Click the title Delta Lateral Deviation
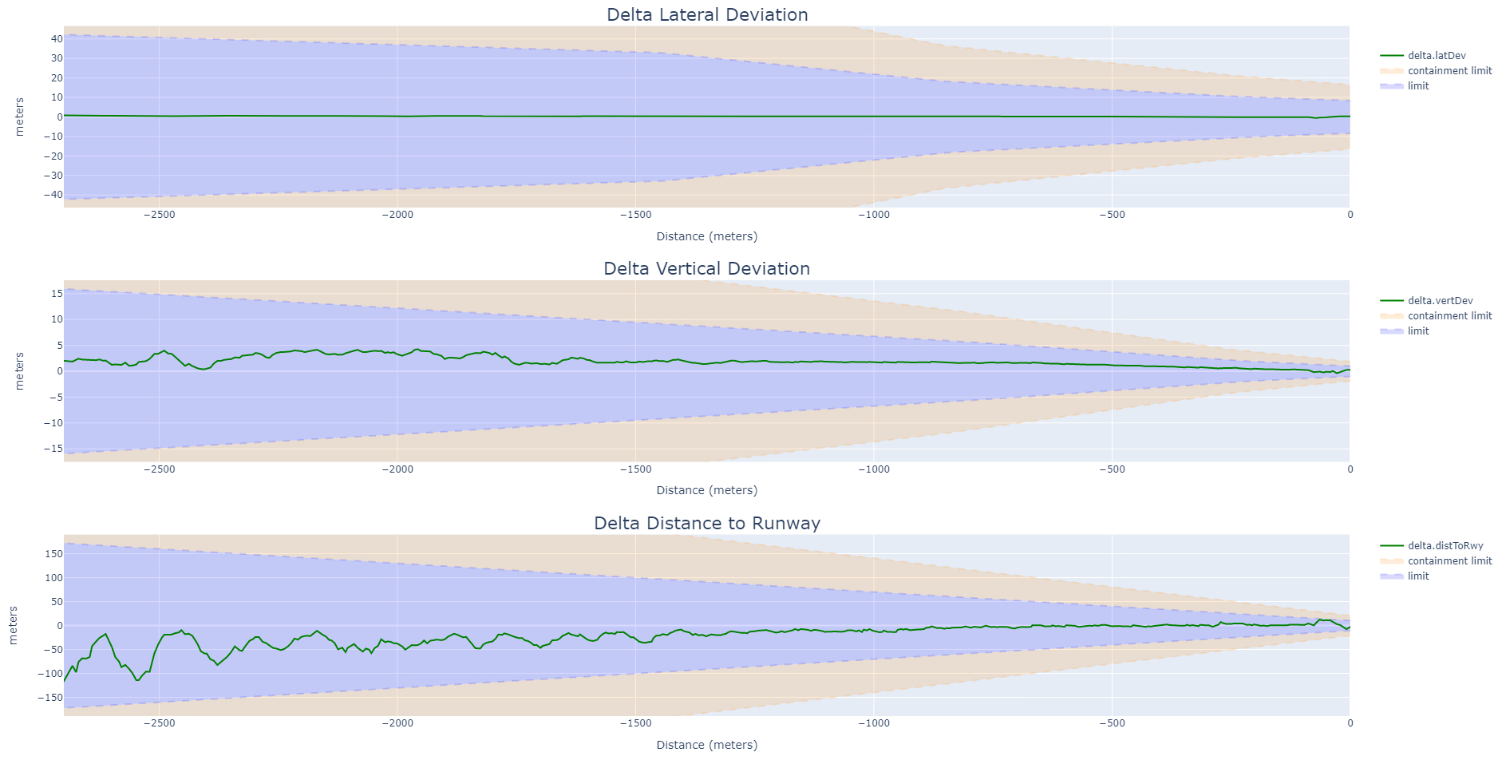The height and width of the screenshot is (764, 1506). (x=707, y=15)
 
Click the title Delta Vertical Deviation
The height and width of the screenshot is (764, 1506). (x=706, y=269)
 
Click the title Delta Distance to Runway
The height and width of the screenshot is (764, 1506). (x=707, y=524)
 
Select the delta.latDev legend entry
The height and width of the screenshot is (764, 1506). (x=1436, y=56)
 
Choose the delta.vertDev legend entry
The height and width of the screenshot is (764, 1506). (x=1440, y=301)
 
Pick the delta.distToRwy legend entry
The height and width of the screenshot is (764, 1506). (x=1445, y=546)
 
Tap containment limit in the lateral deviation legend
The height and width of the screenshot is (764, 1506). (x=1449, y=71)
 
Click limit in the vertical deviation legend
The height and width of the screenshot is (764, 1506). (x=1418, y=331)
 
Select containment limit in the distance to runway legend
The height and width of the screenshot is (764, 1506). (x=1449, y=561)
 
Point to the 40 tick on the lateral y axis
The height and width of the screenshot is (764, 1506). (x=57, y=39)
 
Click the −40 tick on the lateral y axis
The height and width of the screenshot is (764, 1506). (x=53, y=195)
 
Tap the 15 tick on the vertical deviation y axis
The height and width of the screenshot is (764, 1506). (x=57, y=294)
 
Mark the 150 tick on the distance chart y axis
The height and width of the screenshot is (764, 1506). (x=53, y=554)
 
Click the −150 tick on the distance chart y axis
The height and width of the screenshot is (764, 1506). (x=52, y=698)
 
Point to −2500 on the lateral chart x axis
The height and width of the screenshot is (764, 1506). (x=159, y=215)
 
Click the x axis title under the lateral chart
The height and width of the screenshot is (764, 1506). (x=706, y=236)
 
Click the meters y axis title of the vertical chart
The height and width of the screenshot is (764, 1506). (x=20, y=371)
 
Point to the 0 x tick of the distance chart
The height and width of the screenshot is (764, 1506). (x=1350, y=723)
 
